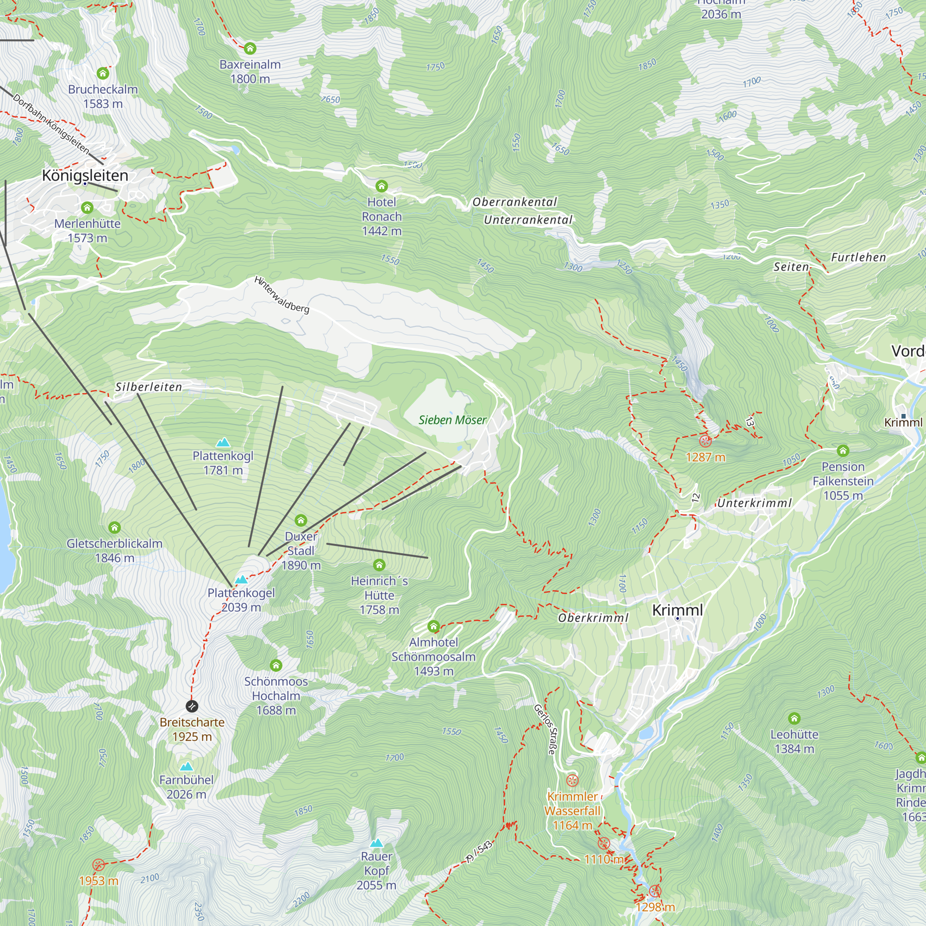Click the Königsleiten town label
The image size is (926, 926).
pos(85,175)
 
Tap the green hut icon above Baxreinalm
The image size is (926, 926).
pos(250,49)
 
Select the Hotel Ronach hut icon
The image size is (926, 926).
pos(382,186)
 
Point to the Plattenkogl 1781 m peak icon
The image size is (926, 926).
pos(223,442)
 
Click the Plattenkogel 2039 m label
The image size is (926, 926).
pos(241,600)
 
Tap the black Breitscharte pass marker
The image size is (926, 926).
pos(192,706)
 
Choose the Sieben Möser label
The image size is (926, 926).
pos(452,420)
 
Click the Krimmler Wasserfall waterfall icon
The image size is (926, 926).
pos(572,780)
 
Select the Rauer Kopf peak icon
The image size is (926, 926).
pos(377,843)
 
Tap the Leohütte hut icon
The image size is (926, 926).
pos(794,718)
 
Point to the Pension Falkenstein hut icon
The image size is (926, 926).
pos(843,450)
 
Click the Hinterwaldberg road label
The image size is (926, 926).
pos(282,295)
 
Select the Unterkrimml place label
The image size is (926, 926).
pos(754,503)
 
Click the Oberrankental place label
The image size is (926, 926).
pos(514,202)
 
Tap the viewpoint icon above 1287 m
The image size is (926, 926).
pos(705,440)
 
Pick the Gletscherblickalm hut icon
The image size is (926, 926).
pos(114,528)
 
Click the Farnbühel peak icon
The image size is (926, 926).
pos(187,766)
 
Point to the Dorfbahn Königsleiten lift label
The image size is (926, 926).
pos(51,124)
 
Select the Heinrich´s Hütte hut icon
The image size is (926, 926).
pos(379,565)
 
